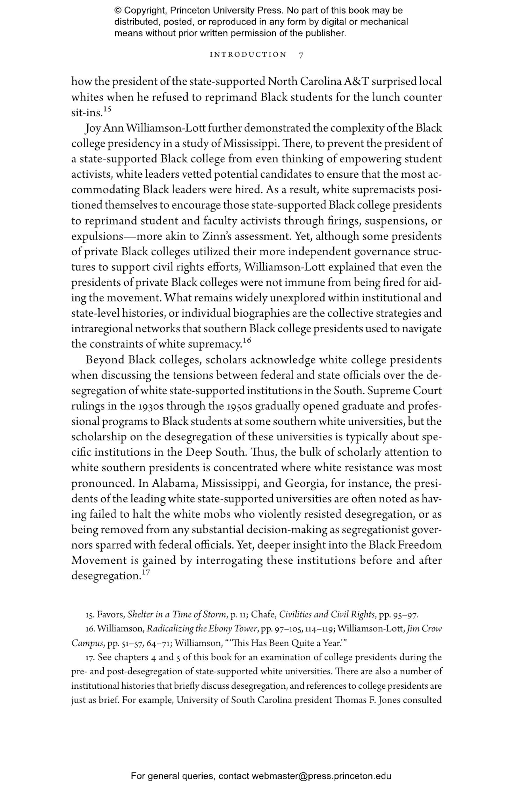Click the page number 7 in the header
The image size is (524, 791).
[301, 55]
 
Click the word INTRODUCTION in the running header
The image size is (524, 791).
[248, 55]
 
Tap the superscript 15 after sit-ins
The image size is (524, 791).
[107, 109]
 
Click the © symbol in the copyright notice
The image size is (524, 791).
[117, 10]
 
